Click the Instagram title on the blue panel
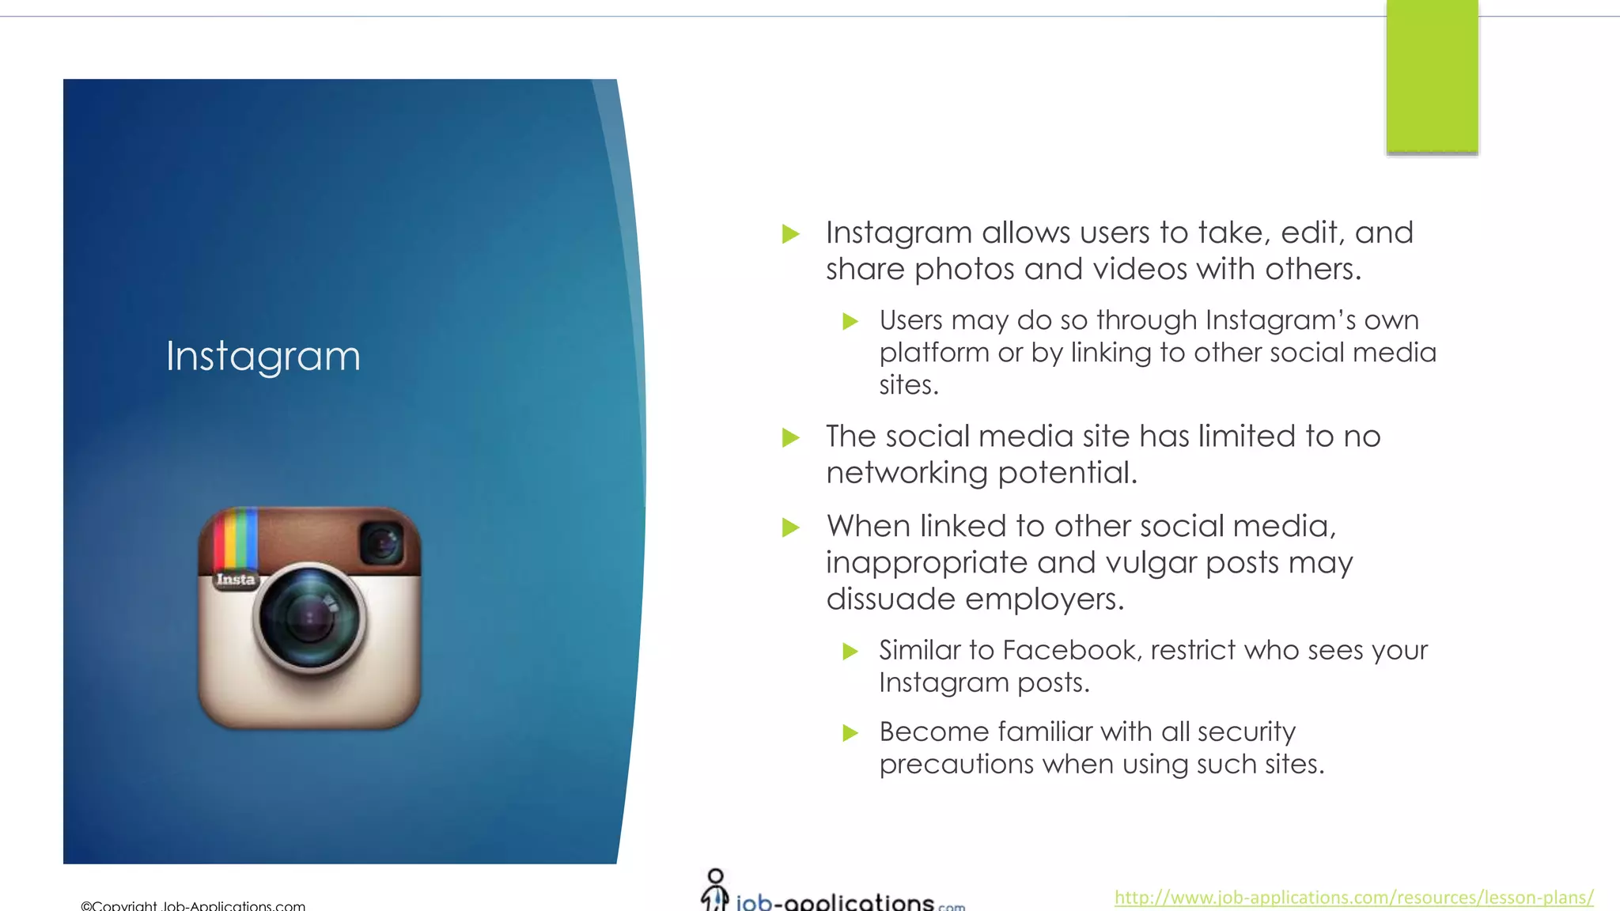coord(263,356)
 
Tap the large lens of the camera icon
coord(309,618)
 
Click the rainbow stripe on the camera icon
coord(236,538)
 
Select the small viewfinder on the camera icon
coord(381,543)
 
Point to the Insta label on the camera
coord(236,580)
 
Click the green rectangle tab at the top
coord(1432,76)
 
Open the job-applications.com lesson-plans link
coord(1353,897)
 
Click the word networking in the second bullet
coord(907,473)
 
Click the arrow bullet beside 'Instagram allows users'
coord(790,234)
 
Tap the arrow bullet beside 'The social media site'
coord(790,437)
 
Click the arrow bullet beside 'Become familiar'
coord(850,733)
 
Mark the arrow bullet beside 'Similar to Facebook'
coord(850,652)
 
